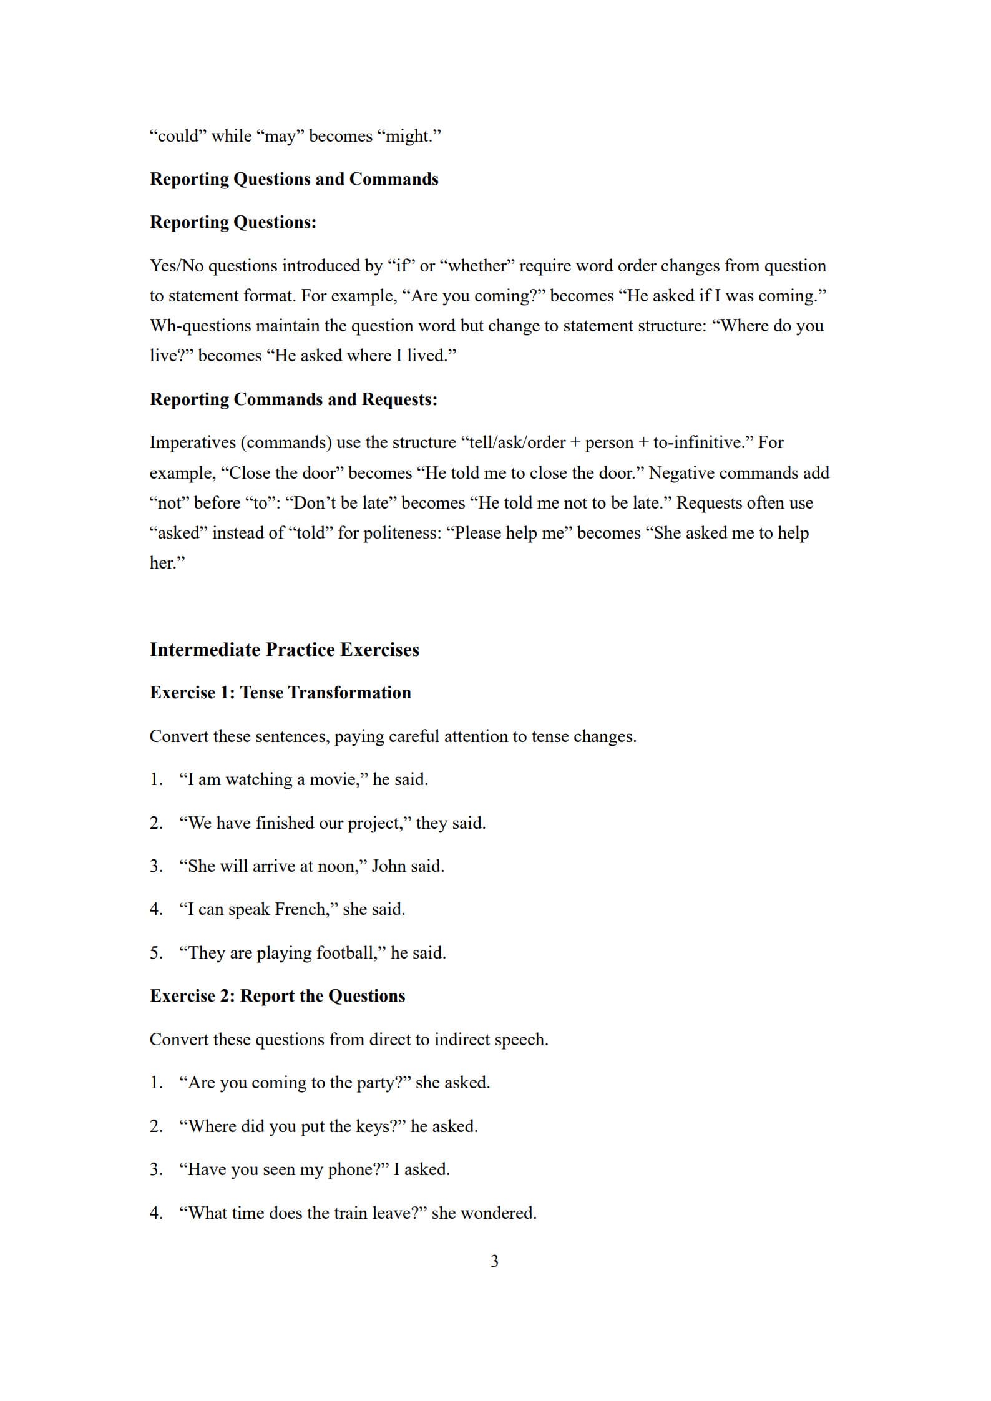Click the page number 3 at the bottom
pyautogui.click(x=494, y=1261)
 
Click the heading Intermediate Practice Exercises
pyautogui.click(x=284, y=650)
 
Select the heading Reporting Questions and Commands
pyautogui.click(x=294, y=179)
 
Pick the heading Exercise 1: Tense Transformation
pyautogui.click(x=280, y=693)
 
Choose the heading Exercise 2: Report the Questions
pyautogui.click(x=277, y=996)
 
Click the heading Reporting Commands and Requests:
pyautogui.click(x=293, y=399)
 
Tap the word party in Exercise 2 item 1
pyautogui.click(x=376, y=1083)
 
